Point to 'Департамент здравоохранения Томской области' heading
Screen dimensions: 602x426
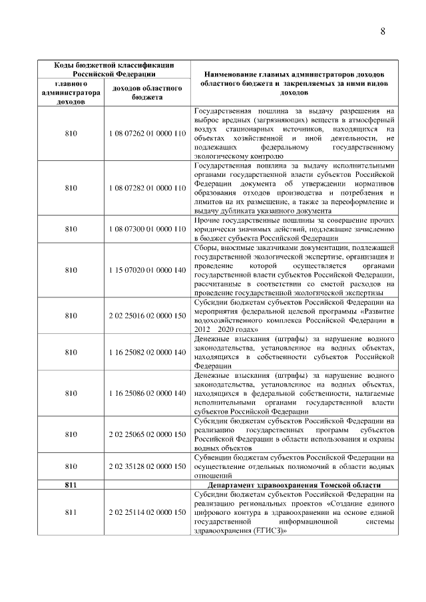(x=294, y=486)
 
